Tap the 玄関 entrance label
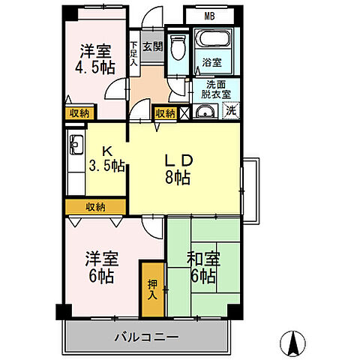151,46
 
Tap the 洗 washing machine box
232,111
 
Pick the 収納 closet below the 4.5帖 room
80,112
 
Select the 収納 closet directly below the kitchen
94,206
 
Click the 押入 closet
152,289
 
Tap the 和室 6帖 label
202,267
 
